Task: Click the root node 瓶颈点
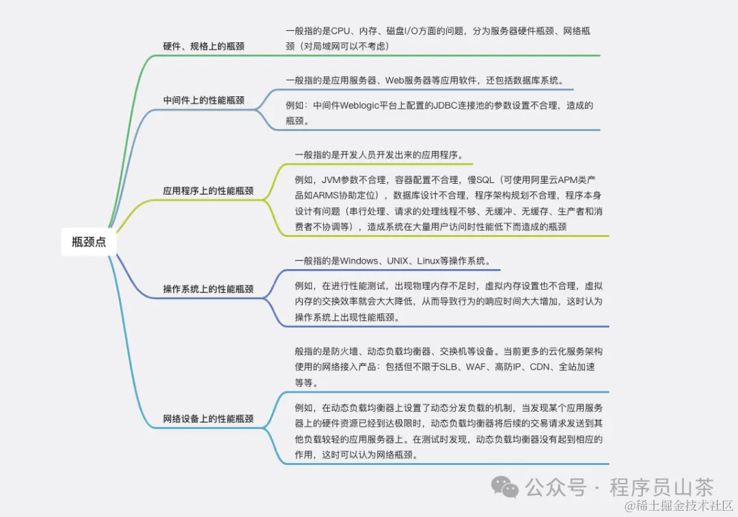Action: (89, 242)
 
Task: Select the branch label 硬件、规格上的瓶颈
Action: (204, 46)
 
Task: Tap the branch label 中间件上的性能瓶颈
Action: (204, 100)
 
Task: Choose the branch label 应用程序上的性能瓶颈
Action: (208, 191)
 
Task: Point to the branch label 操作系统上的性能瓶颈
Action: (208, 289)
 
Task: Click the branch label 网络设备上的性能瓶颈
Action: (208, 419)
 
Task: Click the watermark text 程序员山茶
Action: (661, 488)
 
